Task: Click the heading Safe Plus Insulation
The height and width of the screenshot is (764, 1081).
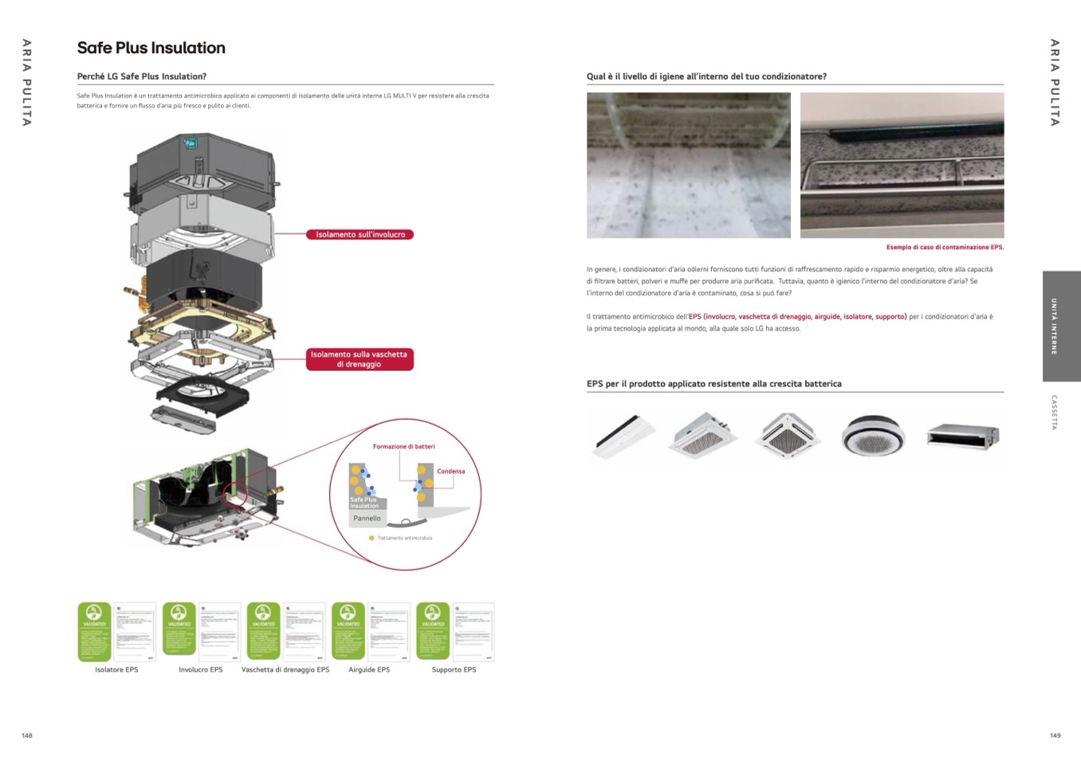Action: (x=151, y=48)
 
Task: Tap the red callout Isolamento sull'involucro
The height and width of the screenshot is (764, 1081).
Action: (x=360, y=234)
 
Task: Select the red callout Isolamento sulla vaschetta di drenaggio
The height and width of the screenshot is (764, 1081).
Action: (x=360, y=359)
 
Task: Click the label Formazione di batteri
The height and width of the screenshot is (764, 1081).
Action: (x=404, y=447)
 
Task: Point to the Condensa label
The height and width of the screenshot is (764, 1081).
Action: (x=450, y=472)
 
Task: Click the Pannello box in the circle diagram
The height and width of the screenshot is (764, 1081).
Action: (x=367, y=519)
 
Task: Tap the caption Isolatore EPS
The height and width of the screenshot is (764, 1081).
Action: (x=116, y=670)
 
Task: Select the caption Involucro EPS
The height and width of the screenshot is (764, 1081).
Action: (x=200, y=670)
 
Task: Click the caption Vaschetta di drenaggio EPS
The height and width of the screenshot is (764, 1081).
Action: (x=285, y=670)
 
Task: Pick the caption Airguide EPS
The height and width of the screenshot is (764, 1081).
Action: (x=369, y=670)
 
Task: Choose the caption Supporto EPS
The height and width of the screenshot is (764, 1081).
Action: (x=454, y=670)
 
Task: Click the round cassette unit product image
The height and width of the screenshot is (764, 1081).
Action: (x=873, y=435)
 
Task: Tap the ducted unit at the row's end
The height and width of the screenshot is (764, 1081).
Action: (x=963, y=435)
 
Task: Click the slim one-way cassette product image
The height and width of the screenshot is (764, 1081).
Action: (x=623, y=435)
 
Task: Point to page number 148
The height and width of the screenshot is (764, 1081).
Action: (x=27, y=735)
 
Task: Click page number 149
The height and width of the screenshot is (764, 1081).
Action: (x=1055, y=735)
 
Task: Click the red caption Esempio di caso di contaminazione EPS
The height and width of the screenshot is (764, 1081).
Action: (x=945, y=248)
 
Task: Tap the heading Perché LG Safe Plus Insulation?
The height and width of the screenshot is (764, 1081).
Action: (x=142, y=76)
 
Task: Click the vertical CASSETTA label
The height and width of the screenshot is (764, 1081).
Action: (x=1054, y=413)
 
